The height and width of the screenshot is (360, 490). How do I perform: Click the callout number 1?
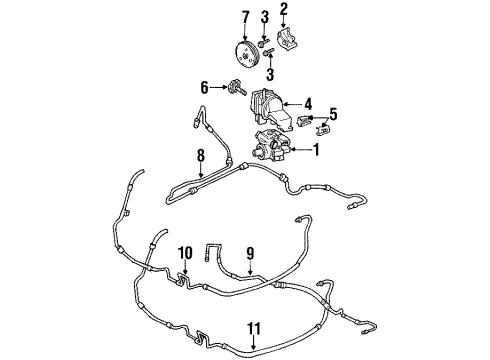(x=317, y=151)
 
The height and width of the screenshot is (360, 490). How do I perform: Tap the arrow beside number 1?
(x=302, y=151)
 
